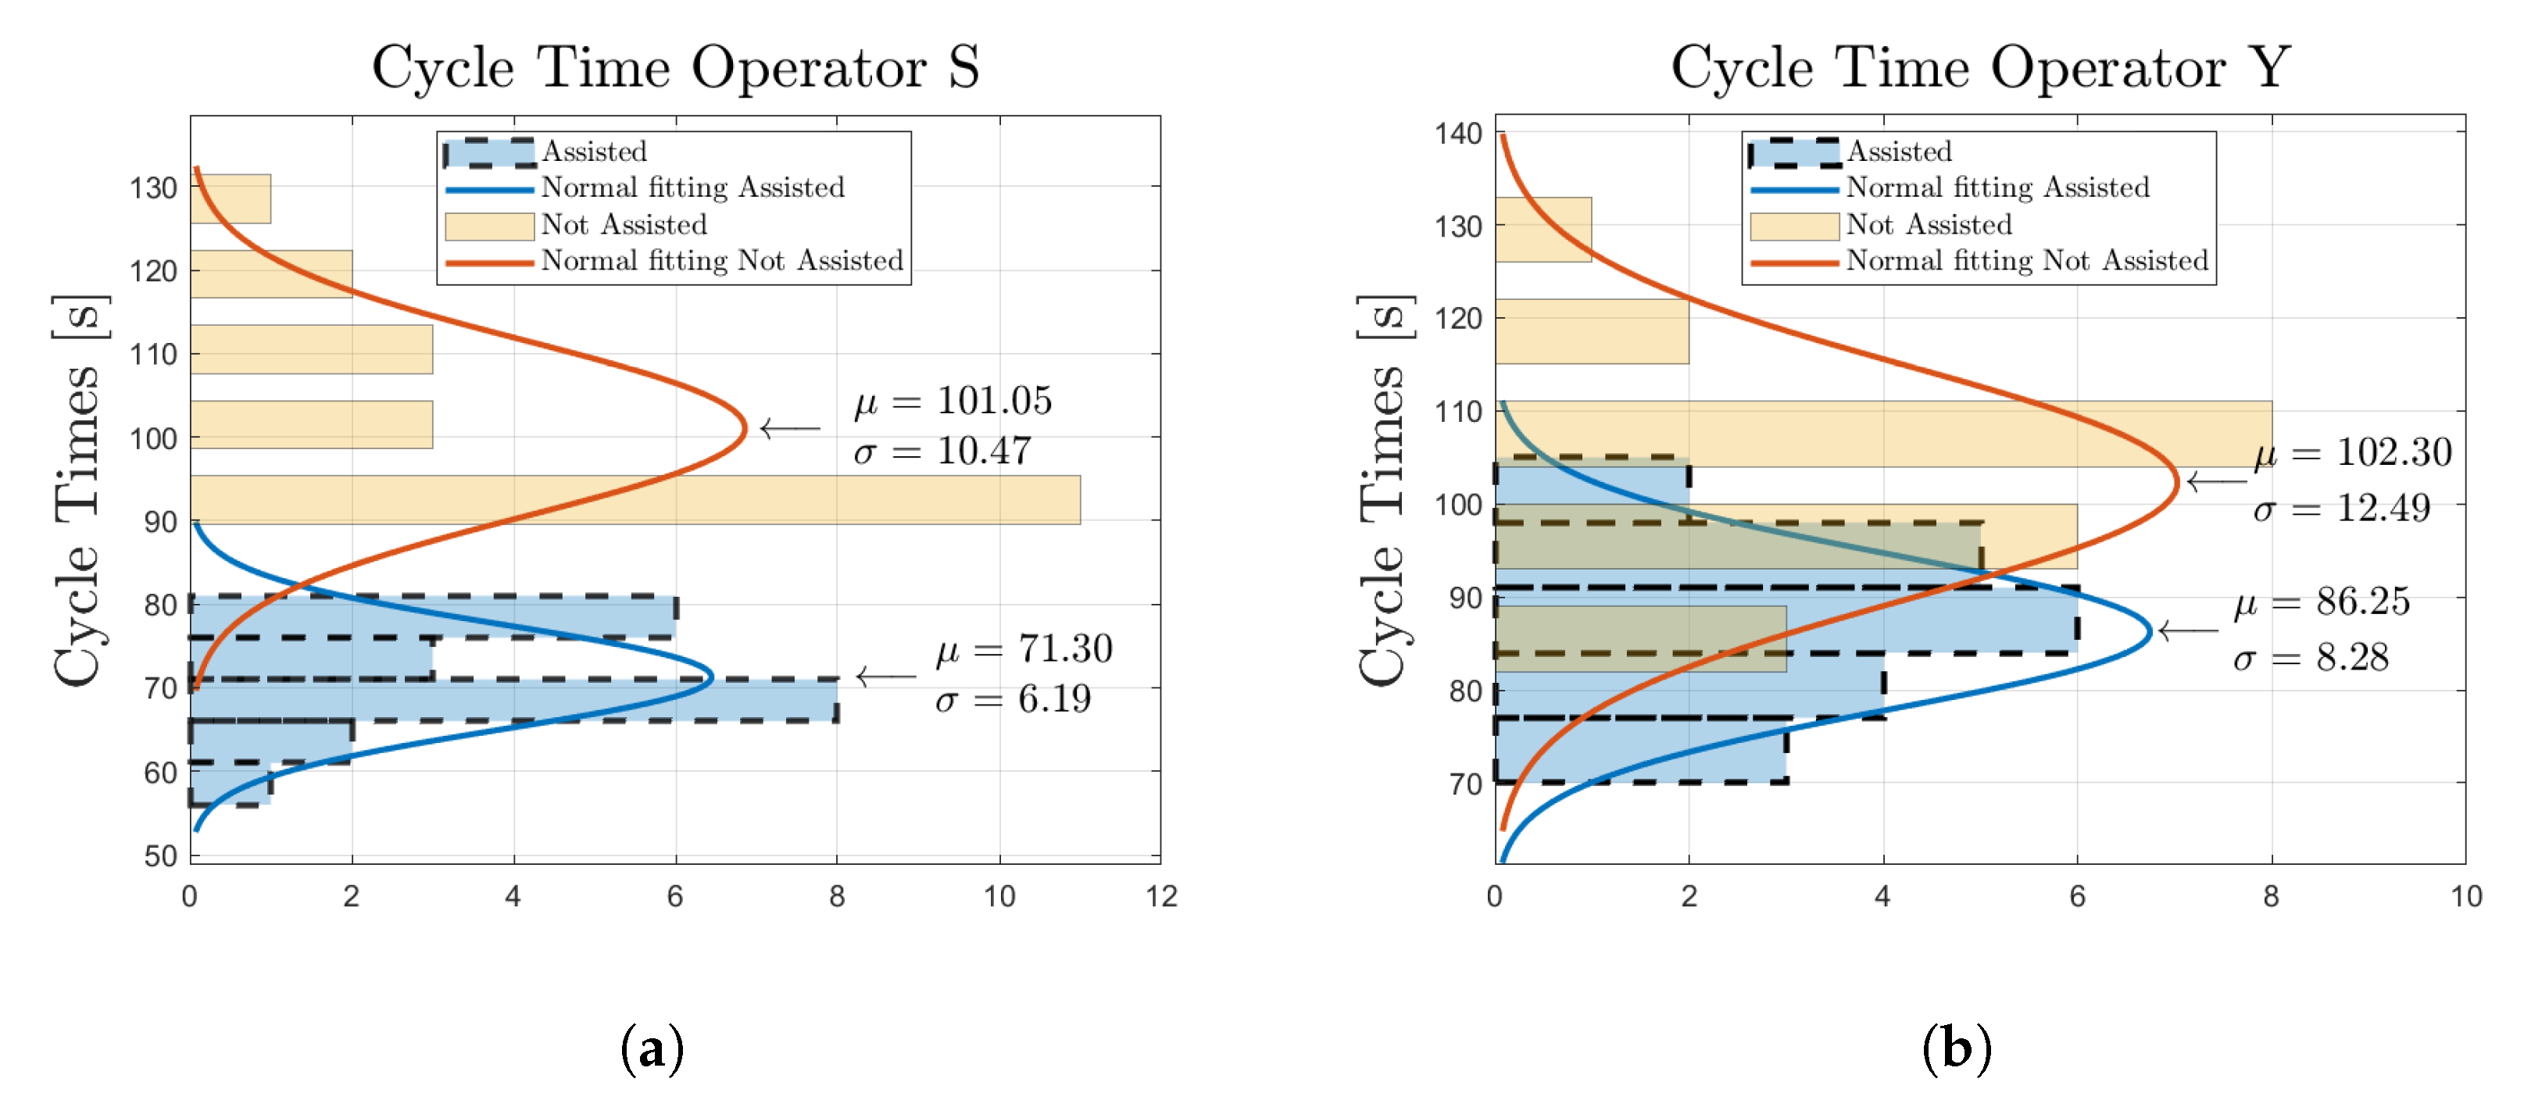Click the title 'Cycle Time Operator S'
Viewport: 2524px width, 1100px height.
click(x=675, y=69)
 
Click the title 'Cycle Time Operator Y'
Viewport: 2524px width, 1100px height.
click(x=1980, y=69)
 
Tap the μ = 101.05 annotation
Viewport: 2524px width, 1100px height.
click(x=953, y=402)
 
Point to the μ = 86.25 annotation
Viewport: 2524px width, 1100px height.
click(x=2321, y=602)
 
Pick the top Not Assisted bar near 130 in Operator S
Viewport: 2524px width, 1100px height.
click(x=231, y=199)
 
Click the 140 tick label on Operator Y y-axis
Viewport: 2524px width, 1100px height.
click(x=1459, y=134)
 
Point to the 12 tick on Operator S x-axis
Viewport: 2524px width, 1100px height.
click(x=1161, y=896)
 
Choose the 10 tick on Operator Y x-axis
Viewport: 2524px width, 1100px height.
click(x=2465, y=896)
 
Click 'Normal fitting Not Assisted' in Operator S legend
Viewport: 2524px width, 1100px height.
click(x=722, y=262)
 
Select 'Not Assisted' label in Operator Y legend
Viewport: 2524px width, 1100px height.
click(x=1929, y=225)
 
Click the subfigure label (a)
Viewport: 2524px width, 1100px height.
click(x=652, y=1049)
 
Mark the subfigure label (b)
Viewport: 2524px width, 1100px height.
click(x=1957, y=1049)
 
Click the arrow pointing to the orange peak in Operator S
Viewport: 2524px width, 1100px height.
click(x=790, y=428)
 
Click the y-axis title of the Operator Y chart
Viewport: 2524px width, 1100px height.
click(x=1382, y=490)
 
